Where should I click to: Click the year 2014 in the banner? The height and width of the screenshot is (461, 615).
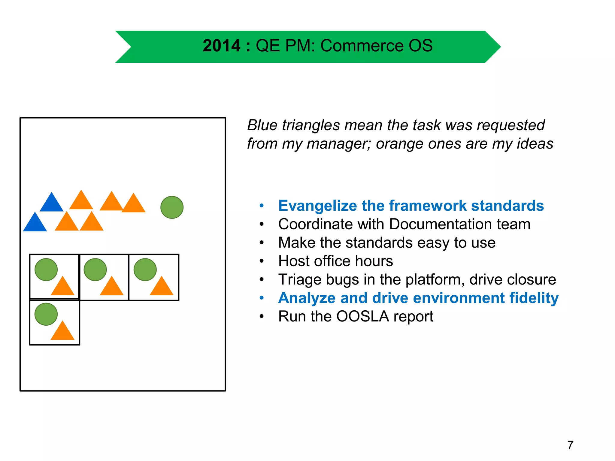pyautogui.click(x=221, y=46)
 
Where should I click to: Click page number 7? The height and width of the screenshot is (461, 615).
pyautogui.click(x=570, y=445)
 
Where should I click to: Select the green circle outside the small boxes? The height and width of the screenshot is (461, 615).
pyautogui.click(x=172, y=207)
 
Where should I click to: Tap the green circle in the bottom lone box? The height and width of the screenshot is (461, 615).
pyautogui.click(x=46, y=314)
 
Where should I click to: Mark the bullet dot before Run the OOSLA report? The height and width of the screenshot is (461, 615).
pyautogui.click(x=262, y=316)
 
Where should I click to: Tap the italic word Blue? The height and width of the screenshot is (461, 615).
pyautogui.click(x=262, y=125)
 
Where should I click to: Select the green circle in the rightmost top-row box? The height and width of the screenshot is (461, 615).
pyautogui.click(x=145, y=270)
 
